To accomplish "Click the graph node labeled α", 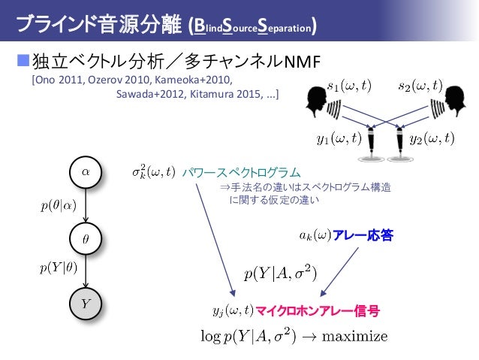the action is [85, 171].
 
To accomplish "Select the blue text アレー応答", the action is [363, 236].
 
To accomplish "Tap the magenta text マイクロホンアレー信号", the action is [317, 309].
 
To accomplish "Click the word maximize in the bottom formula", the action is [354, 335].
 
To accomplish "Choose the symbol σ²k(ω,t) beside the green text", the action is [153, 172].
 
